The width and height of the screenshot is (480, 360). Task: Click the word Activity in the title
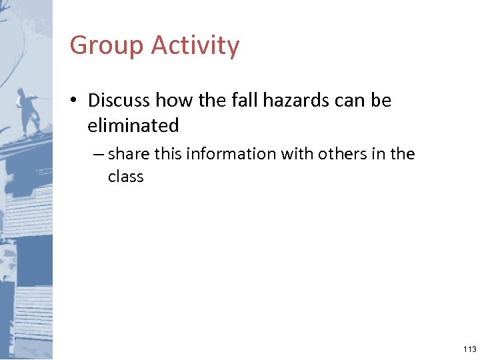195,46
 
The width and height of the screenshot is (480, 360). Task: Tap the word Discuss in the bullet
119,101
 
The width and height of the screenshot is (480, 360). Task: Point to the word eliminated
133,125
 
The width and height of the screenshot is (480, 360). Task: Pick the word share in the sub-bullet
129,154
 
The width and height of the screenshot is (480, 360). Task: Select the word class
126,177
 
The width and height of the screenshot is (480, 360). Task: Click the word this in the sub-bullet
169,154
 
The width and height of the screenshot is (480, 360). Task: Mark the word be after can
382,101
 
